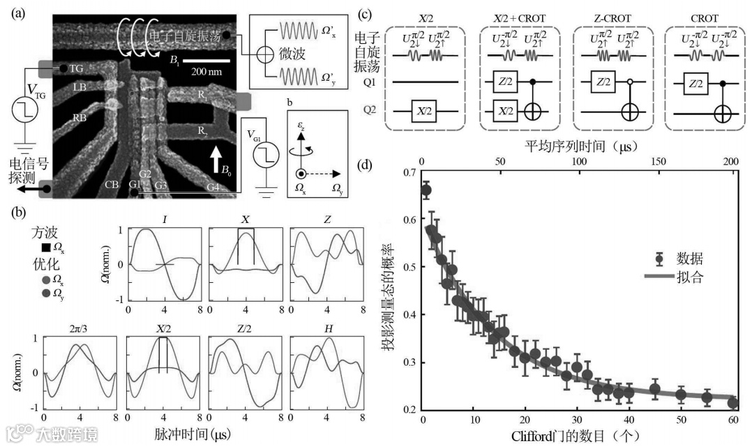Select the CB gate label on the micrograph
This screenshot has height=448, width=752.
[111, 184]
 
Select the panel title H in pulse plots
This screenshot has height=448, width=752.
[326, 328]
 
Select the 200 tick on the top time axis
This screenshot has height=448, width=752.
[732, 162]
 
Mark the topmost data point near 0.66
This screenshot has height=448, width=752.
[426, 190]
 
